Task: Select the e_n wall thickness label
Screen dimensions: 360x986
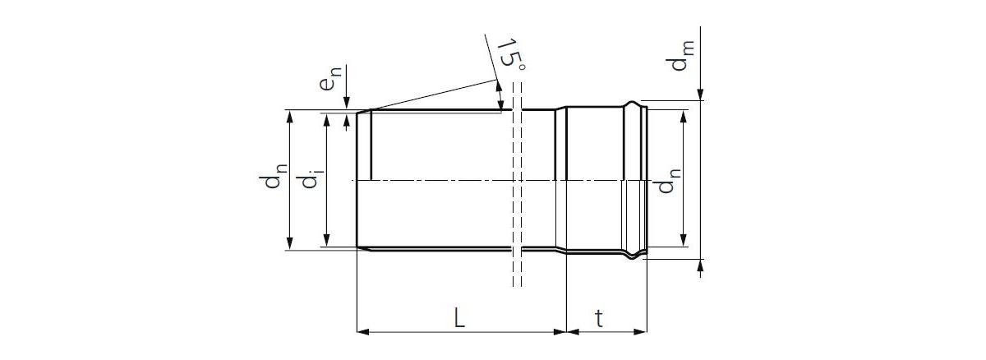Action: point(330,83)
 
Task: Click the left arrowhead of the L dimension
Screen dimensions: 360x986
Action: point(362,332)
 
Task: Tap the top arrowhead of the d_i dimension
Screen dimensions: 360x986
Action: point(327,121)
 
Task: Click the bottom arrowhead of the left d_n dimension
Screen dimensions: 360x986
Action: point(289,242)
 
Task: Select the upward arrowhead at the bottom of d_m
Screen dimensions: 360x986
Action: point(700,265)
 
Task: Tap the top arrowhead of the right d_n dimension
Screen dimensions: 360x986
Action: point(683,114)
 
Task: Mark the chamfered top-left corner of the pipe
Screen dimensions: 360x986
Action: point(362,112)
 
